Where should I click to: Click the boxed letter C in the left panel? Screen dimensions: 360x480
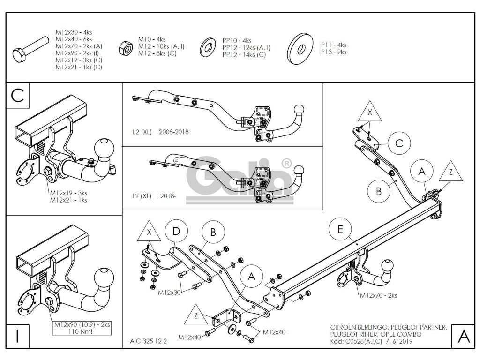pyautogui.click(x=17, y=95)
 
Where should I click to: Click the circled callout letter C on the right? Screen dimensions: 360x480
pyautogui.click(x=398, y=143)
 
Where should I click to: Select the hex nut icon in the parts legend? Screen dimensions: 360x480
pyautogui.click(x=126, y=46)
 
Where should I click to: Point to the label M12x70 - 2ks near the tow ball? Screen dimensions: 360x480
pyautogui.click(x=378, y=296)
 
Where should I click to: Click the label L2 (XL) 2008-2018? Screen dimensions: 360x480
pyautogui.click(x=160, y=132)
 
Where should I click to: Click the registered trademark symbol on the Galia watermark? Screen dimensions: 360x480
pyautogui.click(x=286, y=164)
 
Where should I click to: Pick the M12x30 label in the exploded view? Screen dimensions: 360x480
pyautogui.click(x=170, y=292)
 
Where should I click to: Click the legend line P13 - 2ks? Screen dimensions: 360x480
pyautogui.click(x=334, y=52)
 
